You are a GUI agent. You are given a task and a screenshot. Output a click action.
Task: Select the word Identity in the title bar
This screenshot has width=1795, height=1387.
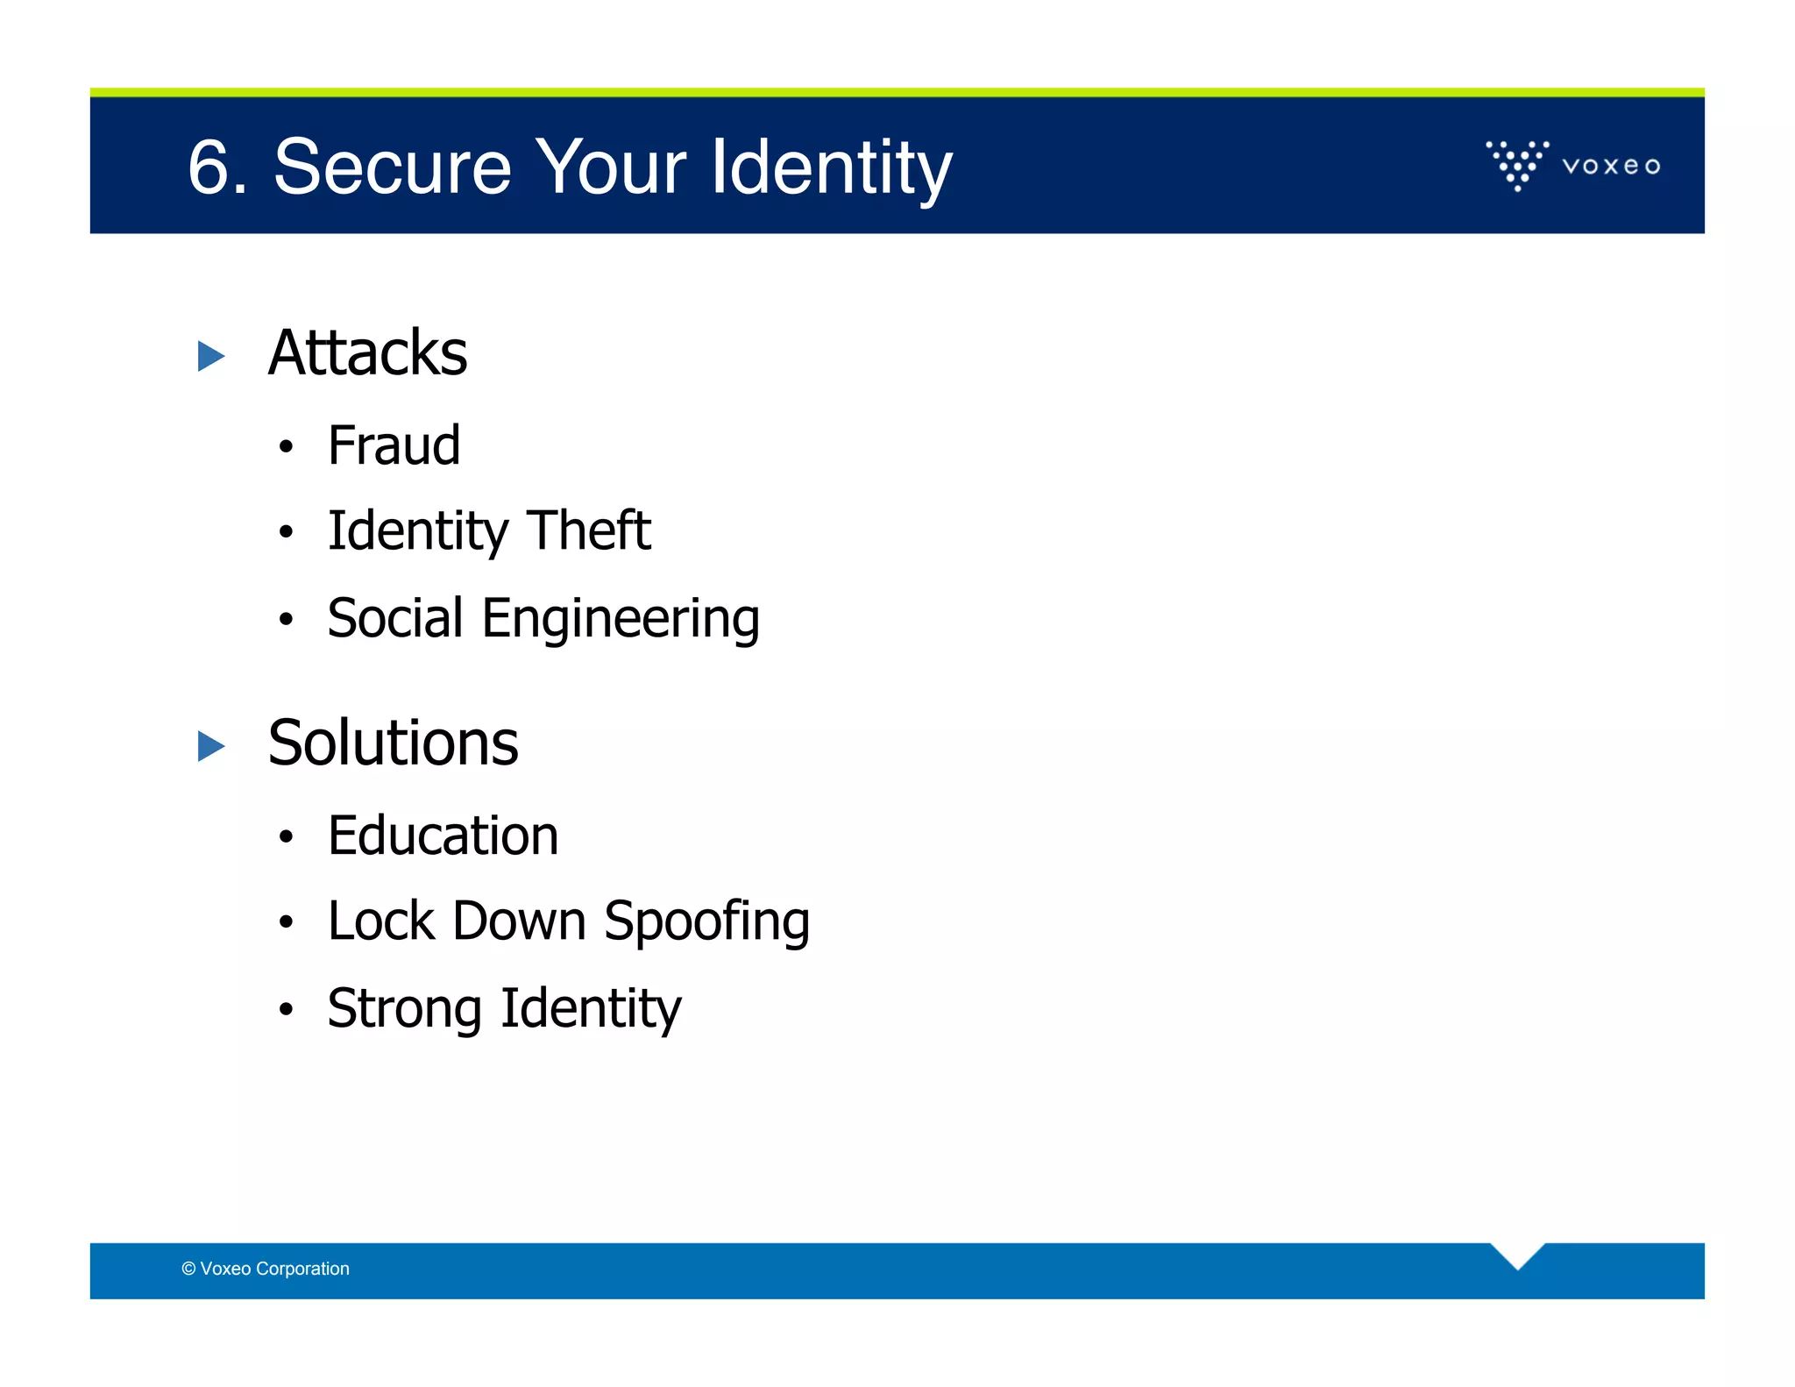point(831,168)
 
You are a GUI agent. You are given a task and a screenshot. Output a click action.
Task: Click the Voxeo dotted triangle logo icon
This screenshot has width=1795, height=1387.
point(1517,165)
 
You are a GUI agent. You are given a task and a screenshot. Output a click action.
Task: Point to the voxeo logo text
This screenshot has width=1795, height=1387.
point(1611,166)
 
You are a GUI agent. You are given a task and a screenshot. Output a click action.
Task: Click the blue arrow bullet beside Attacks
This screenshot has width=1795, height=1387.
point(211,356)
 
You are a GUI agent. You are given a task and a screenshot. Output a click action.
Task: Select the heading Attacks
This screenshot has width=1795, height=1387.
point(367,352)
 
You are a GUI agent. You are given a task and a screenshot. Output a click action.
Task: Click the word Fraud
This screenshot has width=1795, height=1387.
point(394,445)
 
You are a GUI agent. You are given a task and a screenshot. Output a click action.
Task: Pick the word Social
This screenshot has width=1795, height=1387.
point(395,617)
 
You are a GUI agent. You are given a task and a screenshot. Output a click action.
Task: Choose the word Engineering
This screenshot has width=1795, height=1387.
point(621,619)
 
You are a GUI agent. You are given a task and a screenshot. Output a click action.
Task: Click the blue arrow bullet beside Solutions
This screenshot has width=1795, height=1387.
point(211,746)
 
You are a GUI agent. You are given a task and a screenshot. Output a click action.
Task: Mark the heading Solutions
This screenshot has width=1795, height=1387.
point(393,743)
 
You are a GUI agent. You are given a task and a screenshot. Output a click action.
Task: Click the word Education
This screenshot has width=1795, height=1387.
point(443,835)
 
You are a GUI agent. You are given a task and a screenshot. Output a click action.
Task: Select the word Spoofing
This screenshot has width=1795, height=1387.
point(706,922)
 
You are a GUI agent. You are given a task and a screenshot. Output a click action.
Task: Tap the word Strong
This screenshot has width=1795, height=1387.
point(404,1008)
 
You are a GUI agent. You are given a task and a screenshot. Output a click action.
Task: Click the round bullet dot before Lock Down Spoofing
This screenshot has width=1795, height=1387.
point(285,922)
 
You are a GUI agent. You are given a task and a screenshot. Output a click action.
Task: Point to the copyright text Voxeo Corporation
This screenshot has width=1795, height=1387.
point(266,1269)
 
